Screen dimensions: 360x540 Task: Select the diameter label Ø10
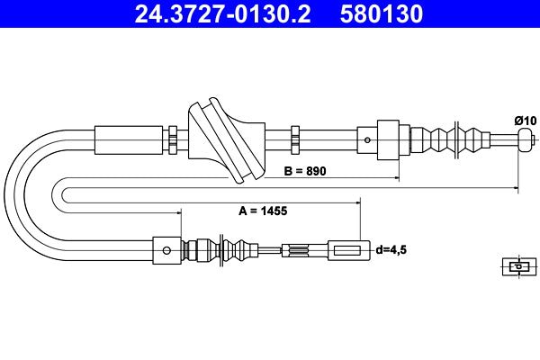coord(525,119)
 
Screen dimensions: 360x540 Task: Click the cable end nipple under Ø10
coord(525,139)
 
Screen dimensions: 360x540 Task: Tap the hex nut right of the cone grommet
coord(295,139)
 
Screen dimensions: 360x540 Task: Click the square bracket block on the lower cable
coord(166,249)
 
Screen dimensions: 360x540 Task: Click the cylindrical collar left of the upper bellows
coord(387,139)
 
